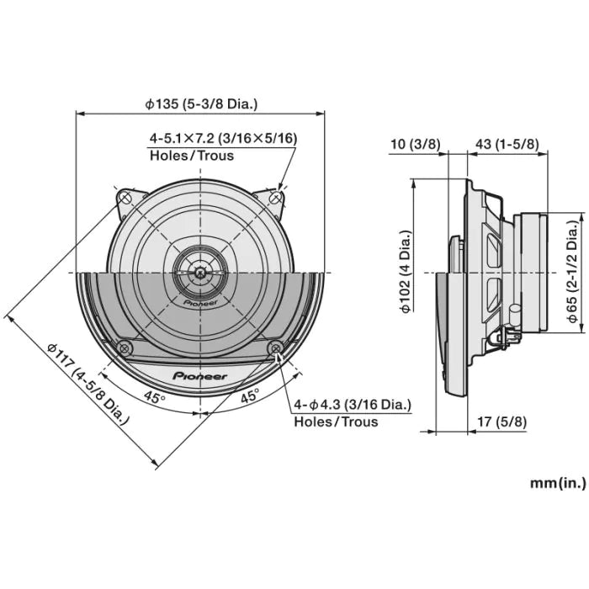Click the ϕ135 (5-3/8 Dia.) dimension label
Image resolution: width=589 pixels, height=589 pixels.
pyautogui.click(x=200, y=104)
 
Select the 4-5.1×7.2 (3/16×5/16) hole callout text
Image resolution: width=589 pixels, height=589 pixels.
pyautogui.click(x=223, y=137)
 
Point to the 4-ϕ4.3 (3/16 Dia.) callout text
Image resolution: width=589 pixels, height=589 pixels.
pyautogui.click(x=353, y=405)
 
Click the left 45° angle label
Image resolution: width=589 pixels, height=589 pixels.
pyautogui.click(x=153, y=397)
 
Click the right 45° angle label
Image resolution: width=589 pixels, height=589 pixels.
pyautogui.click(x=250, y=397)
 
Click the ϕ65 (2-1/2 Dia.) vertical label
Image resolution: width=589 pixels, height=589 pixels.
pyautogui.click(x=571, y=273)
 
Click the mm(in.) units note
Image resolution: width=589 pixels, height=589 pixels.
pyautogui.click(x=557, y=483)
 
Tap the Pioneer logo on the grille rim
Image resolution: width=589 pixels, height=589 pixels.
pyautogui.click(x=199, y=377)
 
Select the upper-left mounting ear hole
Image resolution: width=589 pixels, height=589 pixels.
pyautogui.click(x=125, y=198)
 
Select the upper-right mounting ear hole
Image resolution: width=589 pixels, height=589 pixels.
pyautogui.click(x=275, y=198)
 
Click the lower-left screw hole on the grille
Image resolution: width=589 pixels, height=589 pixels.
pyautogui.click(x=125, y=347)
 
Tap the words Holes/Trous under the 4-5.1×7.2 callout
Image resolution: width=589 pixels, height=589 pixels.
pyautogui.click(x=192, y=156)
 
